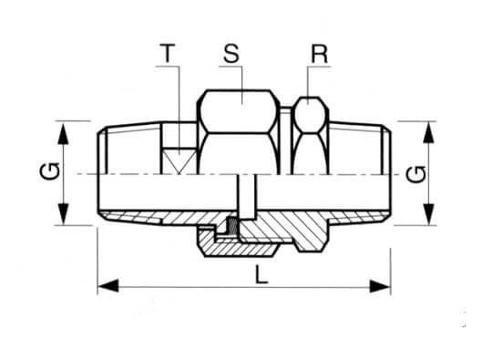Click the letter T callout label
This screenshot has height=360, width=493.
point(168,54)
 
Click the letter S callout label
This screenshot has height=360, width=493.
point(231,54)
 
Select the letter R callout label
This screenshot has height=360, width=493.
point(319,54)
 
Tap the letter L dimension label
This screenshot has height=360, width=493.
point(262,274)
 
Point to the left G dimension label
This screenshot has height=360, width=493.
point(50,171)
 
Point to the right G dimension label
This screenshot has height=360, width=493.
point(416,174)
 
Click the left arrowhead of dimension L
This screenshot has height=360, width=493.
point(108,286)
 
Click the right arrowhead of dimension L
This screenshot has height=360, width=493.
point(380,286)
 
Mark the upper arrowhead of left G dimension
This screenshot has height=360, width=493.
point(64,133)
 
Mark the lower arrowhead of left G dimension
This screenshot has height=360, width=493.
point(64,214)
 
